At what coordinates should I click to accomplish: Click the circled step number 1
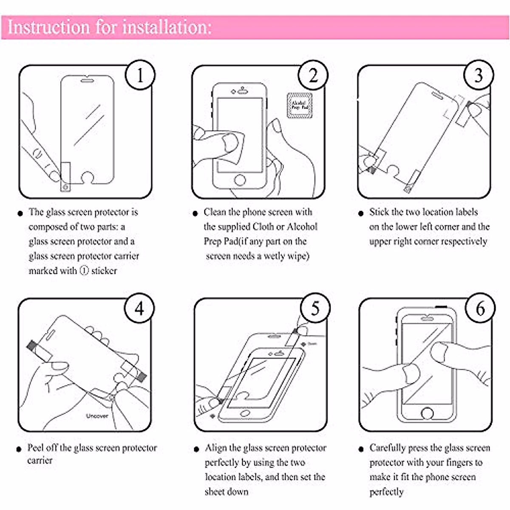point(140,76)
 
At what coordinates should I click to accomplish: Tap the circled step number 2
point(313,76)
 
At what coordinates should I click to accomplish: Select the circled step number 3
point(479,76)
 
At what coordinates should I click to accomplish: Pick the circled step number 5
point(315,309)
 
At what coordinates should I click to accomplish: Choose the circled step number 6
point(480,309)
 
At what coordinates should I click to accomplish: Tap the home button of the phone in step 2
point(240,180)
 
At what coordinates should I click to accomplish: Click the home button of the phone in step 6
point(427,413)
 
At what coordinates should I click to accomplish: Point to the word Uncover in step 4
point(97,416)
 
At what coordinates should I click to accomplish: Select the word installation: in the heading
point(167,27)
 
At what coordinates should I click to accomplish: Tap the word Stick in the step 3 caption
point(379,212)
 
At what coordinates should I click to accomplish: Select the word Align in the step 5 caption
point(215,448)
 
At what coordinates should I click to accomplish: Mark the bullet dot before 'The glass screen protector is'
point(20,213)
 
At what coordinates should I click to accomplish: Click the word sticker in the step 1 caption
point(104,271)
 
